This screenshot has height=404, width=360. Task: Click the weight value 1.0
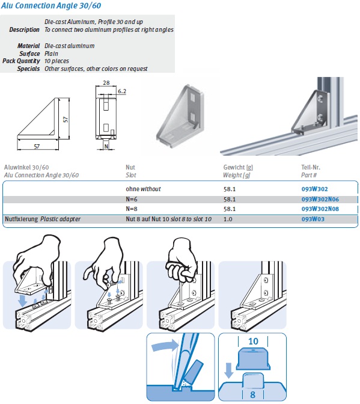click(228, 219)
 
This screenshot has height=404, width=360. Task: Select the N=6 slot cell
click(132, 199)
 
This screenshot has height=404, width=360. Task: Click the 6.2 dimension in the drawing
click(123, 91)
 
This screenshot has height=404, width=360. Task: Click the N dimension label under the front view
click(106, 145)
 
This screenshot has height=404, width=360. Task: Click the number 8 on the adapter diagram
click(252, 395)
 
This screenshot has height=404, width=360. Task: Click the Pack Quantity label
click(22, 61)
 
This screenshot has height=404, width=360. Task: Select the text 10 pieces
click(57, 61)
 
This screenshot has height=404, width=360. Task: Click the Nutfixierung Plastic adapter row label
click(42, 219)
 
